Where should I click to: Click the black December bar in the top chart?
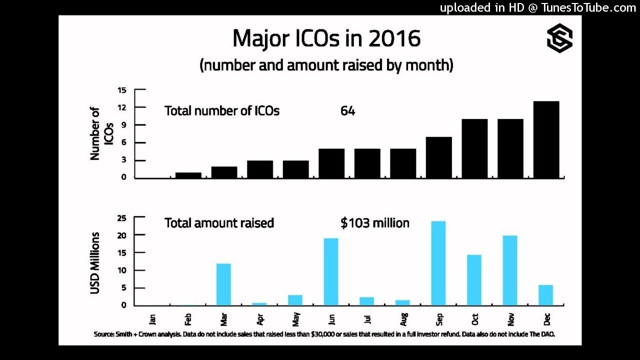(546, 139)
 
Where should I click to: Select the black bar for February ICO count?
(188, 175)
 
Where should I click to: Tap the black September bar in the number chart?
(439, 157)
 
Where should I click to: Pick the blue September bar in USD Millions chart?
(438, 263)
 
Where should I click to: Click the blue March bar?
(224, 284)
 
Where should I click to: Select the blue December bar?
(545, 295)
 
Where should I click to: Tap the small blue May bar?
(295, 300)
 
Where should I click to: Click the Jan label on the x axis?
(152, 318)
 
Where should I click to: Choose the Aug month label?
(403, 318)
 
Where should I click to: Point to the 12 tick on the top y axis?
(122, 107)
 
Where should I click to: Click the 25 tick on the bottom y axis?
(122, 218)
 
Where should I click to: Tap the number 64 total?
(347, 111)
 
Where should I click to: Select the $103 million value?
(374, 223)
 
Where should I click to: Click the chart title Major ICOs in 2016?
(326, 38)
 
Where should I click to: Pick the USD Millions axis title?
(95, 262)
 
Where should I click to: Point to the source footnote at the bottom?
(324, 334)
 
